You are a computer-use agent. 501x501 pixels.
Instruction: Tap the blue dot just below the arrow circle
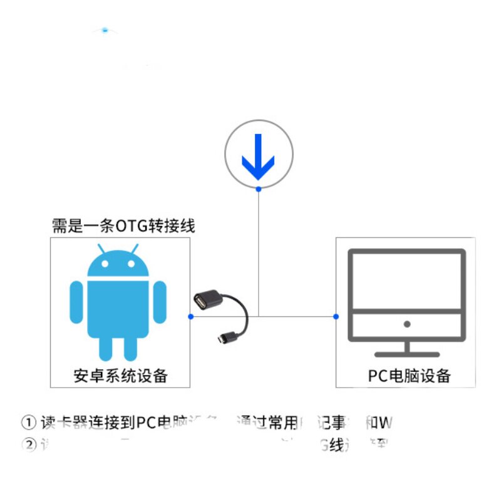(259, 189)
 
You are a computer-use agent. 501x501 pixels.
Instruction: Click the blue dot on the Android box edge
(190, 316)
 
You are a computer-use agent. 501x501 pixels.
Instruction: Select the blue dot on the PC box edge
(336, 316)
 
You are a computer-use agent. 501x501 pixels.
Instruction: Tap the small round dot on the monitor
(407, 324)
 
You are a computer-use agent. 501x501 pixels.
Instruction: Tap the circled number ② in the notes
(29, 445)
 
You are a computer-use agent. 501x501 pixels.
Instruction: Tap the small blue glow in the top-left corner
(105, 29)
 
